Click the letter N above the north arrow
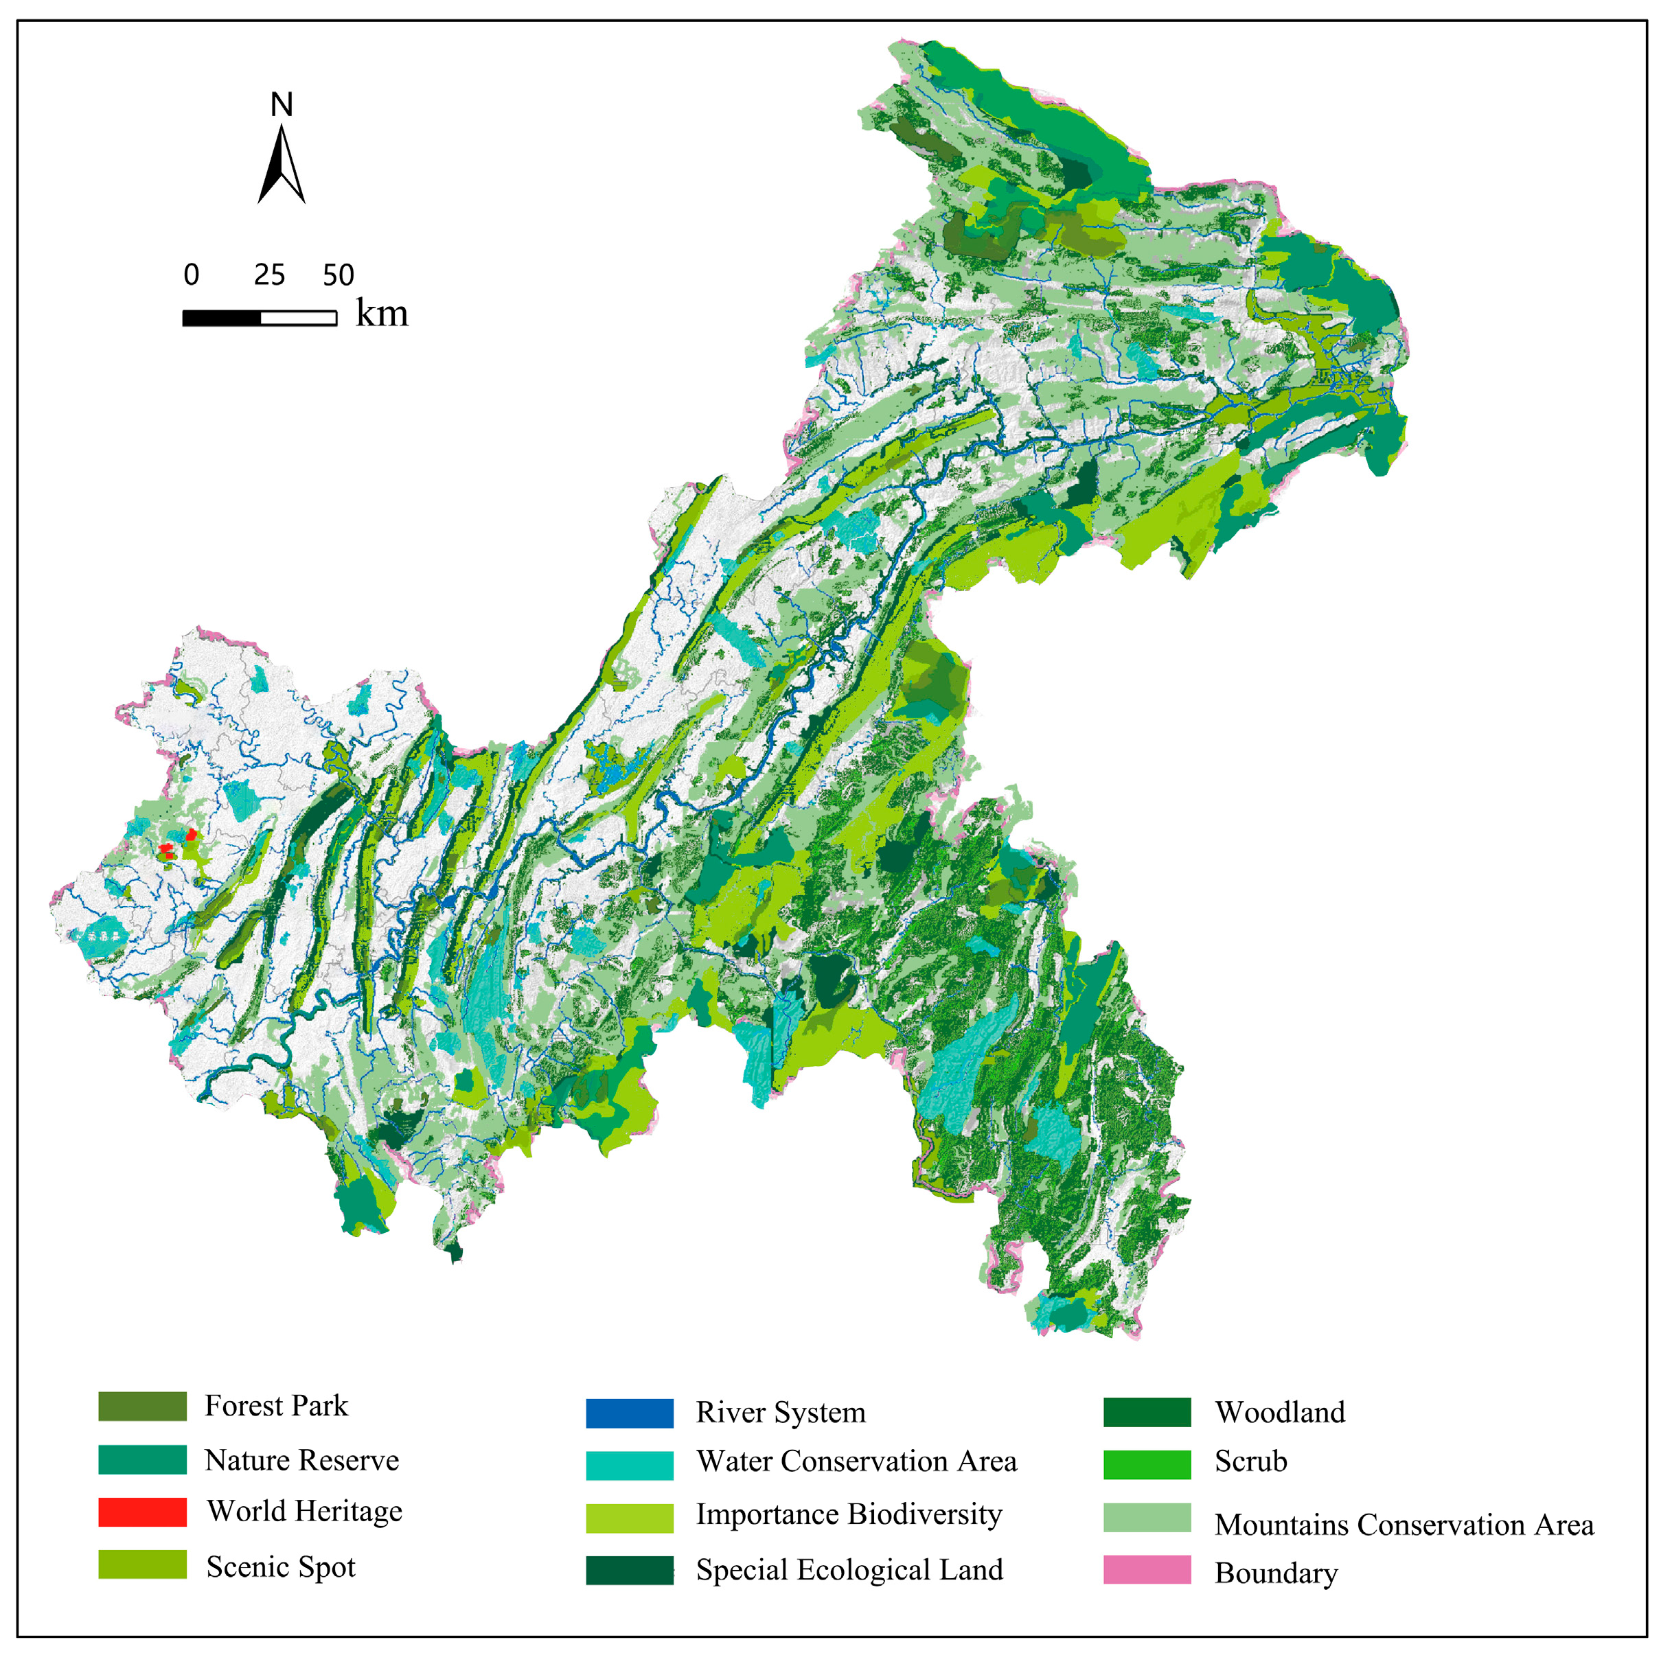pos(281,105)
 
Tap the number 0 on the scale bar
pos(191,275)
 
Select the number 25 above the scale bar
pos(269,275)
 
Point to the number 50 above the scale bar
pos(338,275)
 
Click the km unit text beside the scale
pos(382,314)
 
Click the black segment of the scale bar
pos(221,318)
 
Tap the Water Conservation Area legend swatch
pos(630,1466)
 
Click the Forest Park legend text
pos(276,1405)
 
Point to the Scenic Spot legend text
pos(280,1567)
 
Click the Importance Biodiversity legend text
pos(849,1514)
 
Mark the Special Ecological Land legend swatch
pos(630,1570)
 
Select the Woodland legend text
pos(1279,1412)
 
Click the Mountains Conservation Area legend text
pos(1403,1524)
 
